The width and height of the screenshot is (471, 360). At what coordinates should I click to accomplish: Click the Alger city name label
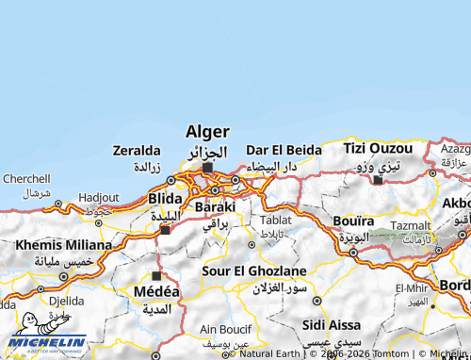[x=207, y=132]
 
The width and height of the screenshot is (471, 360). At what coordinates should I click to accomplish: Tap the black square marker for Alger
[x=207, y=169]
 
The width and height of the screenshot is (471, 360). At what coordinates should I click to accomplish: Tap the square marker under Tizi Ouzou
[x=378, y=179]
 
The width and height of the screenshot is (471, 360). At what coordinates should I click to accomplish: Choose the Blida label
[x=165, y=200]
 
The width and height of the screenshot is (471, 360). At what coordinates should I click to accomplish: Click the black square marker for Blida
[x=165, y=229]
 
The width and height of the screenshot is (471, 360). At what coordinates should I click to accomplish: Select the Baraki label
[x=215, y=206]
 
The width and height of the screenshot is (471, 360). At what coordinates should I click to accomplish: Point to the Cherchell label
[x=26, y=177]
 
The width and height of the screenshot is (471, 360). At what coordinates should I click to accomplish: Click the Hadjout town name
[x=98, y=198]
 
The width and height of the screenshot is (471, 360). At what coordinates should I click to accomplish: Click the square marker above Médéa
[x=156, y=275]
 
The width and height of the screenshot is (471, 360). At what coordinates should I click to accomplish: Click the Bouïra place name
[x=353, y=221]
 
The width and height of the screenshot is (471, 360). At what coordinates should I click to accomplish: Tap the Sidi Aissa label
[x=327, y=325]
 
